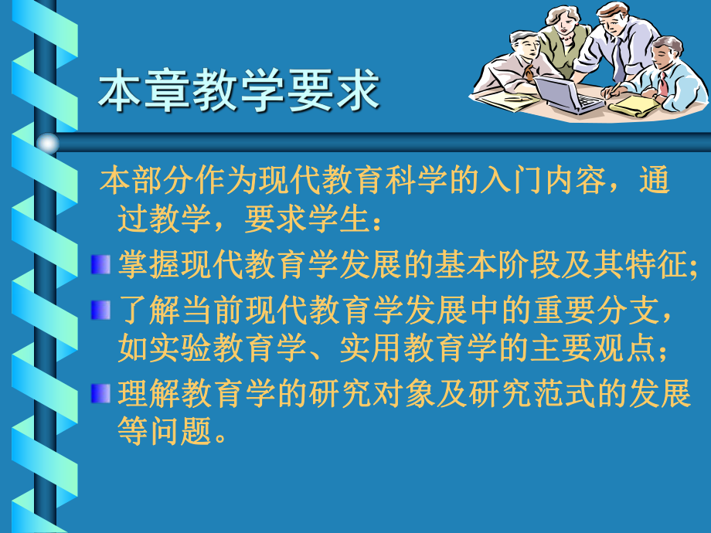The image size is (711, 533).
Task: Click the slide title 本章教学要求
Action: click(239, 91)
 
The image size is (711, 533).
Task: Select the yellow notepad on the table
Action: click(634, 104)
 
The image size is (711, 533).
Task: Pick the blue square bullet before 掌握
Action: click(100, 265)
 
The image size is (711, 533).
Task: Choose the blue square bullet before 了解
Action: click(100, 309)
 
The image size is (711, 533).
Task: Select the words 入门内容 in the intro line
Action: click(559, 182)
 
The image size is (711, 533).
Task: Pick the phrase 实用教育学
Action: click(419, 349)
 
